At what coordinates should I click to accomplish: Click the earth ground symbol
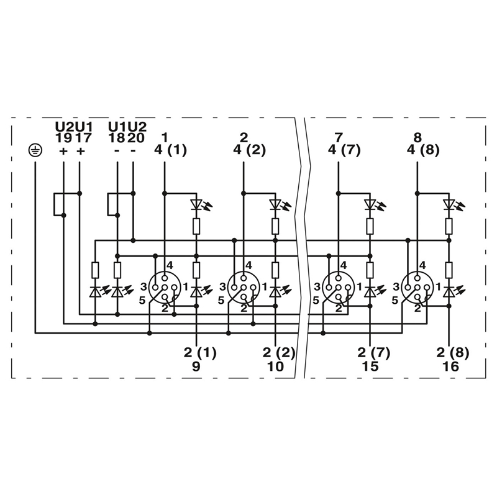(35, 150)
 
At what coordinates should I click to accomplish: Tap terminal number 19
(63, 139)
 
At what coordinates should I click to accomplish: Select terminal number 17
(83, 139)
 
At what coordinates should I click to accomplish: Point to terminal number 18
(116, 139)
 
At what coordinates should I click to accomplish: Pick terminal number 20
(135, 139)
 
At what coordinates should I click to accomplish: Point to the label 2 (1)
(199, 353)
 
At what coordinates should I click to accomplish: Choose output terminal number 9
(196, 367)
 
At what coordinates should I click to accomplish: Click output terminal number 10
(275, 367)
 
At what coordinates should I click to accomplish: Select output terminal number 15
(371, 367)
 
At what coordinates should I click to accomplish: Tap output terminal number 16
(450, 367)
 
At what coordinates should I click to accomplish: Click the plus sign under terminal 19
(63, 151)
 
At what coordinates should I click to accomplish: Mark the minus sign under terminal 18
(117, 151)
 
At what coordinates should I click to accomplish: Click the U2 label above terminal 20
(137, 127)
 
